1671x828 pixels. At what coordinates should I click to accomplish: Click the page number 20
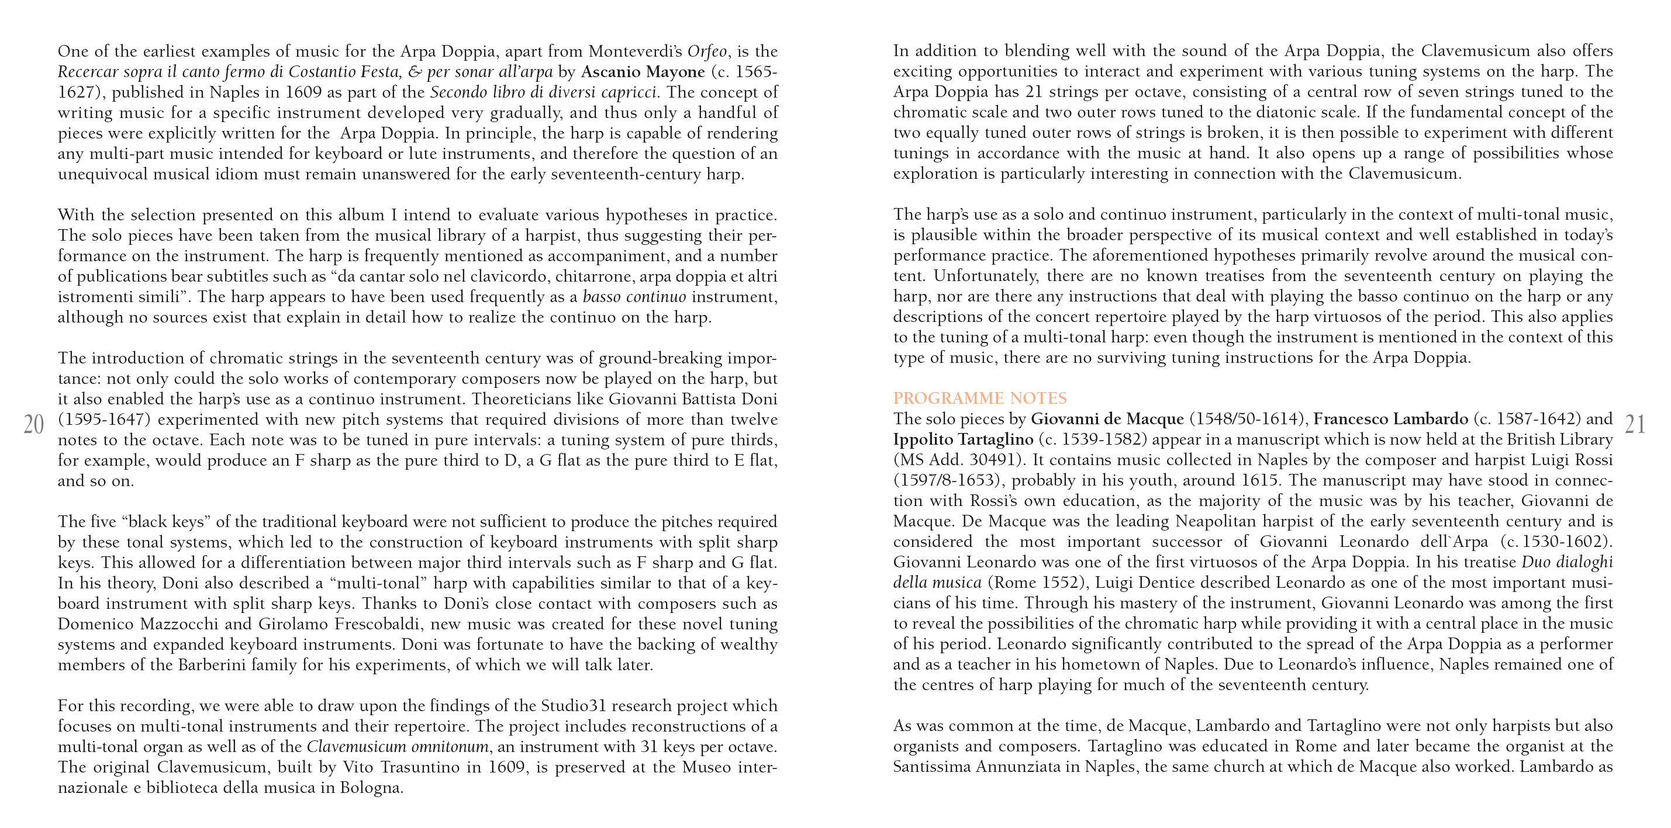34,425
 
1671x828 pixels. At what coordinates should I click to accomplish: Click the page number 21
1634,425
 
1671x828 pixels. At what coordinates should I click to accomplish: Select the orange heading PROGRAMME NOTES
979,398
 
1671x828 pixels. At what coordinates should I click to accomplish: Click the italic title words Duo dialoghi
1566,562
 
